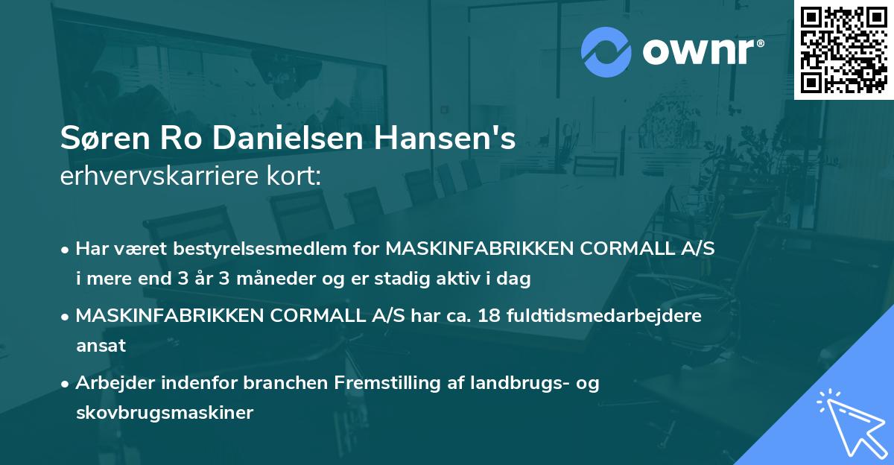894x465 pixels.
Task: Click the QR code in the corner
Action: pyautogui.click(x=843, y=50)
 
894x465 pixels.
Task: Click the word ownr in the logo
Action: pyautogui.click(x=697, y=51)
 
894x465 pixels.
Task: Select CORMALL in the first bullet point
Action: pyautogui.click(x=611, y=248)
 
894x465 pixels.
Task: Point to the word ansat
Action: pyautogui.click(x=101, y=345)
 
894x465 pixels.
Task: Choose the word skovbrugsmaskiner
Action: pyautogui.click(x=165, y=412)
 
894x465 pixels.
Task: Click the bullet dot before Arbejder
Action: pyautogui.click(x=66, y=383)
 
